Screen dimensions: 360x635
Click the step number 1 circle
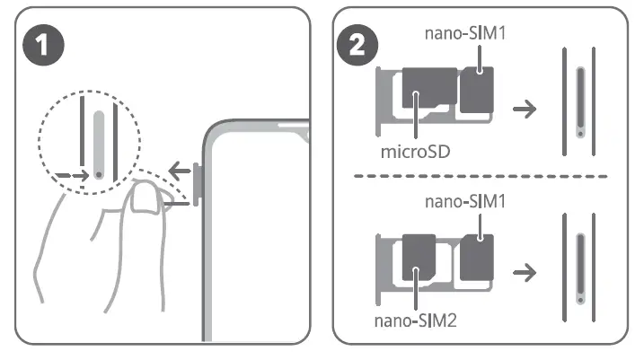tap(43, 44)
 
